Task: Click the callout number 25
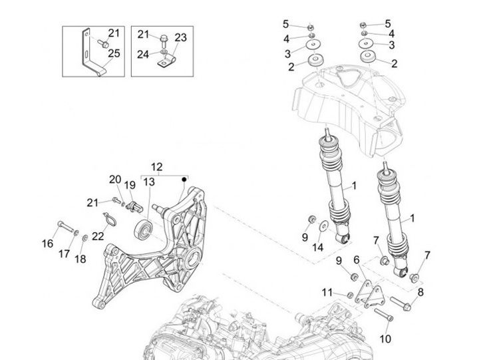[114, 54]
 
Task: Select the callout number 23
[181, 37]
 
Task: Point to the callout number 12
[156, 166]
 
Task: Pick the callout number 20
[115, 179]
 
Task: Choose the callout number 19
[130, 185]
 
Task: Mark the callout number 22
[98, 236]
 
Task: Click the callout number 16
[48, 244]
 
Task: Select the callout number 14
[318, 247]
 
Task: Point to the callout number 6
[357, 259]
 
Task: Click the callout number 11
[327, 292]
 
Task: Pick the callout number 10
[385, 339]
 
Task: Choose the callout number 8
[420, 291]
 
